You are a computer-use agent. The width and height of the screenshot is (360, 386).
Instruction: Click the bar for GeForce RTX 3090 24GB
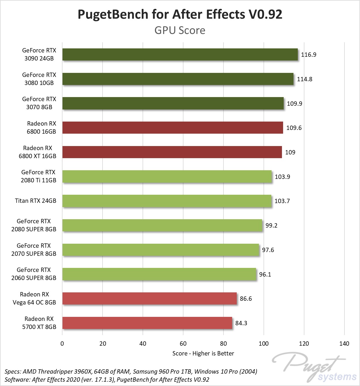click(x=180, y=54)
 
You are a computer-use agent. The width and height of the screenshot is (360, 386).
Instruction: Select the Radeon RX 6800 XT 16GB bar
click(x=172, y=152)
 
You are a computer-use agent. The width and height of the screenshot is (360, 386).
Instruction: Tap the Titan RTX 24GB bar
click(x=167, y=201)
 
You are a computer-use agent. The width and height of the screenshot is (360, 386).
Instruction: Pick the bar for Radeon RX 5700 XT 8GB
click(x=147, y=323)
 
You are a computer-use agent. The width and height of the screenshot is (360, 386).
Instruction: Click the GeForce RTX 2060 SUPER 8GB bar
click(x=159, y=274)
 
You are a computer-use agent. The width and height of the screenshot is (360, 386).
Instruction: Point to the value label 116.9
click(x=308, y=55)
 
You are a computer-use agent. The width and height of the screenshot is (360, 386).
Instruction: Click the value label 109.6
click(x=294, y=128)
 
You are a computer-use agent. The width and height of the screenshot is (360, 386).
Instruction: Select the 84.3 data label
click(x=241, y=323)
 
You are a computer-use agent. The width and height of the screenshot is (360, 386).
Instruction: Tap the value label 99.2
click(x=271, y=226)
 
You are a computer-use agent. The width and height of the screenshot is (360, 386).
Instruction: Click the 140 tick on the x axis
click(x=344, y=344)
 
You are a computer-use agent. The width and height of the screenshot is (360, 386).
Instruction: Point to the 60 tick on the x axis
click(x=183, y=344)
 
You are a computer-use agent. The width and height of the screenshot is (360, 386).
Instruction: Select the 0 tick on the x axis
click(x=62, y=344)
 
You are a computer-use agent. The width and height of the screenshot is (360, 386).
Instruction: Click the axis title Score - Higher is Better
click(x=203, y=353)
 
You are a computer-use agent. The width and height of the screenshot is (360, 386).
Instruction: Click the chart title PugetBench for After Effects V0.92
click(x=180, y=14)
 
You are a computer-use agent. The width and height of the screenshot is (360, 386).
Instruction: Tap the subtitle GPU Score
click(x=180, y=30)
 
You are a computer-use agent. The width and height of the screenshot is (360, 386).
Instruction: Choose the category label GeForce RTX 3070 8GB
click(x=39, y=103)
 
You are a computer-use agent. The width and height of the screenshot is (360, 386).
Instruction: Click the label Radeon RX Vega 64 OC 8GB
click(x=34, y=298)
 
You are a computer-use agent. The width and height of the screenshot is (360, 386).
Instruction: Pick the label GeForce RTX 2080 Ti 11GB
click(x=38, y=176)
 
